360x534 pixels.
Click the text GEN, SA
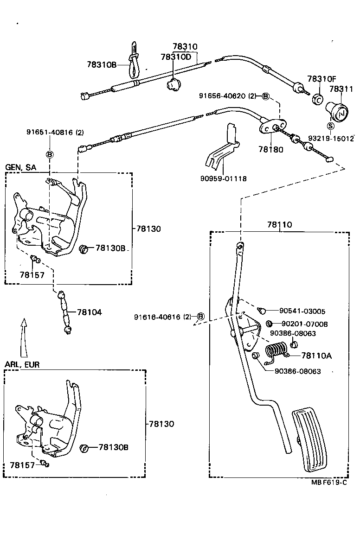pyautogui.click(x=20, y=167)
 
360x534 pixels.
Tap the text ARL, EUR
pyautogui.click(x=22, y=364)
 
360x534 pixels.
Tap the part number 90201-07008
pyautogui.click(x=304, y=324)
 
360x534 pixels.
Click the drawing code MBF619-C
pyautogui.click(x=329, y=482)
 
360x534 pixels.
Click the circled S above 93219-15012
pyautogui.click(x=330, y=126)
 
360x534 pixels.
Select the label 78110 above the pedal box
pyautogui.click(x=279, y=225)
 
